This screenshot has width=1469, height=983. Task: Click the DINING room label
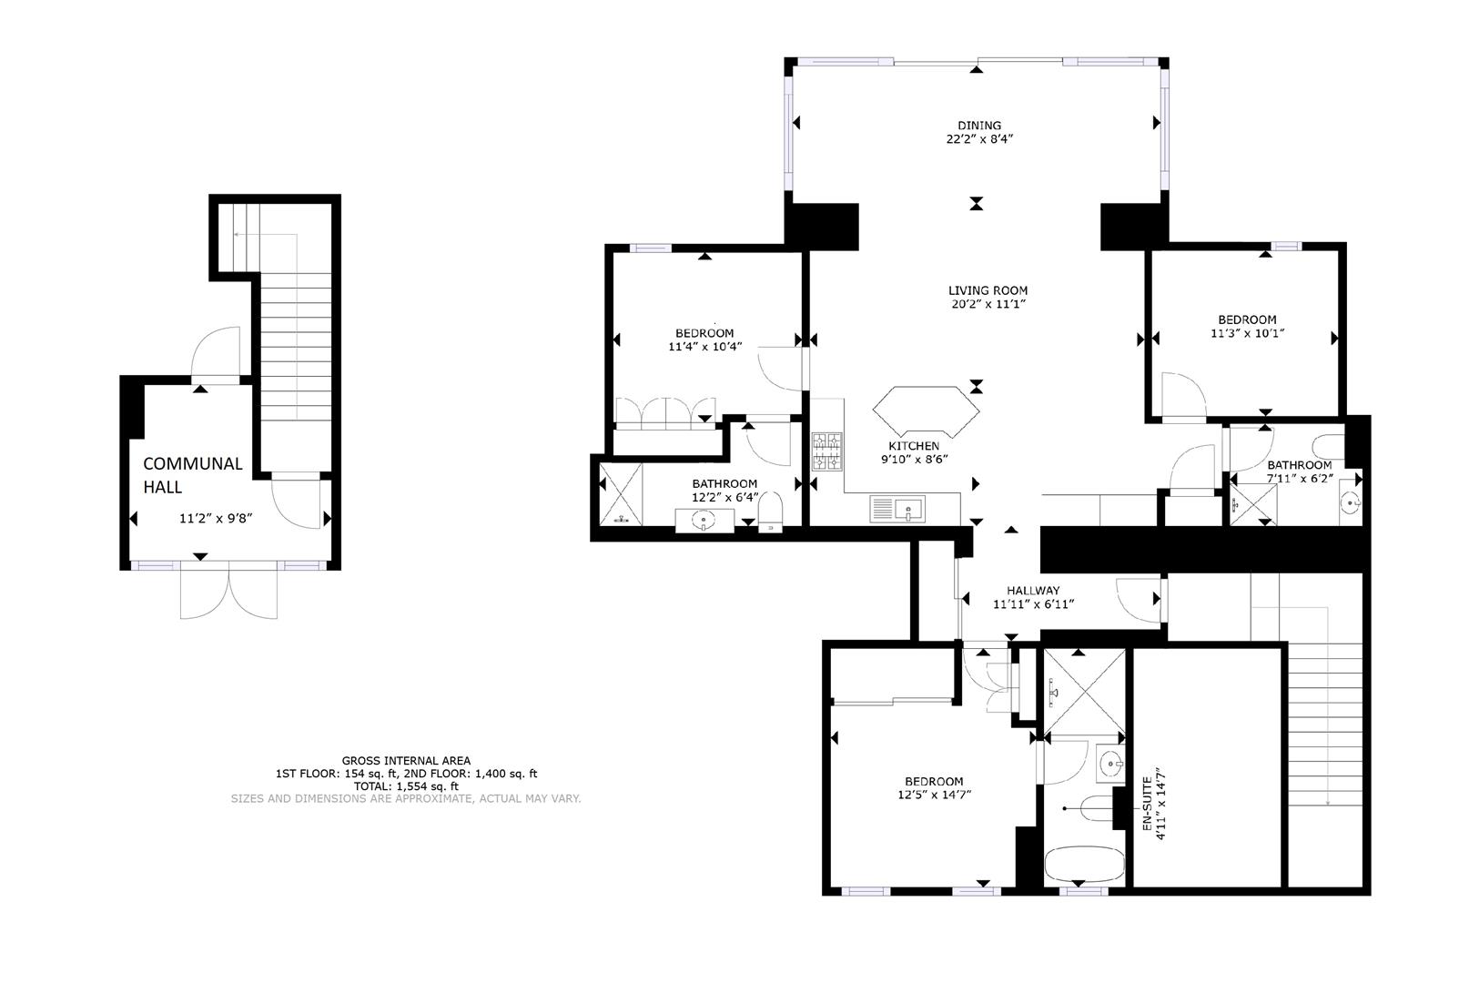tap(978, 126)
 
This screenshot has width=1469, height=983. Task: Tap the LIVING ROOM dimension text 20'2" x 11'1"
tap(988, 304)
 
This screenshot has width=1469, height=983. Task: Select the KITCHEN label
tap(914, 445)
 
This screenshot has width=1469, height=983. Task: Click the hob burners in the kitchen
tap(828, 451)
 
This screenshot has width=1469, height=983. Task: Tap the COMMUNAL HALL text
tap(192, 474)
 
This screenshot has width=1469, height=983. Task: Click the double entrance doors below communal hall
tap(229, 592)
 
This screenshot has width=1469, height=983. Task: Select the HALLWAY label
tap(1032, 590)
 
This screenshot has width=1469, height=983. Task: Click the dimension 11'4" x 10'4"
tap(704, 346)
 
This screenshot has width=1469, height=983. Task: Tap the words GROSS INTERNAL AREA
tap(406, 760)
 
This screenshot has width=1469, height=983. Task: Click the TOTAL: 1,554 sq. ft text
tap(406, 785)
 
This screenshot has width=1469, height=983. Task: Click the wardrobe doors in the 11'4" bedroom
tap(664, 411)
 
